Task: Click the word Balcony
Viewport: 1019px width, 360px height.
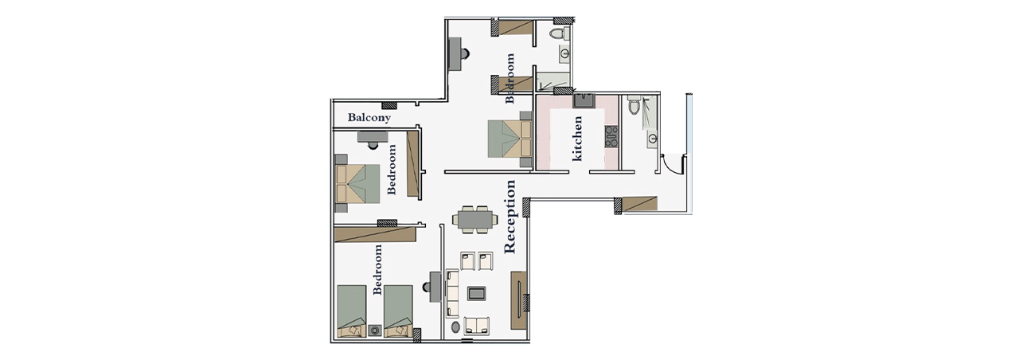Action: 369,117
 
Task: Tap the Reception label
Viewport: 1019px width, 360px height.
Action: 510,217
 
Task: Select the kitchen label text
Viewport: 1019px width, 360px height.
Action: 577,139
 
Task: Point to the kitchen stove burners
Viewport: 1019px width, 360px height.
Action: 611,136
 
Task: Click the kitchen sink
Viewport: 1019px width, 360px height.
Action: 584,100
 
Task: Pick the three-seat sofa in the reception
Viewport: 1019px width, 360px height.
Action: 452,294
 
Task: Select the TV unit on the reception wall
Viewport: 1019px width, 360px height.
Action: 518,300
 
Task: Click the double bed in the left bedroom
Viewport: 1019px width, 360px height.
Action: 357,183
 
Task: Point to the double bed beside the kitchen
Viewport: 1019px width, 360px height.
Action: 509,139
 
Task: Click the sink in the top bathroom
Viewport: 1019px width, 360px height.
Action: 565,53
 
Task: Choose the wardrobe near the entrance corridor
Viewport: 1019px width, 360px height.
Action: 639,203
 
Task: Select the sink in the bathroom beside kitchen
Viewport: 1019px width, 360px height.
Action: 652,138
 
